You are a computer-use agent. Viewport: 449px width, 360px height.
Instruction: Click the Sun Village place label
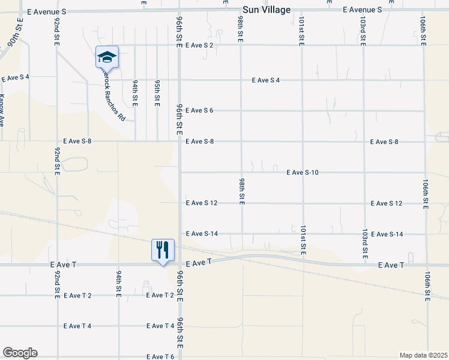(267, 10)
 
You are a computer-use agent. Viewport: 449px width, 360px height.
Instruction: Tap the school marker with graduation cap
(107, 58)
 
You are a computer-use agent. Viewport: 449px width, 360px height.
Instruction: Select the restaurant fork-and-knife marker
(163, 250)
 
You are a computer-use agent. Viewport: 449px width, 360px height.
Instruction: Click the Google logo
(20, 353)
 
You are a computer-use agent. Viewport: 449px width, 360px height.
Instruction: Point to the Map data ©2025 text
(423, 355)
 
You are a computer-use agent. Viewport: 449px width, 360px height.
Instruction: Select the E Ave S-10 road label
(302, 172)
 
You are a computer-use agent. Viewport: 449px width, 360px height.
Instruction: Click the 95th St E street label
(157, 93)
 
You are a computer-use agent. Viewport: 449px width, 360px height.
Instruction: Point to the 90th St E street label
(15, 36)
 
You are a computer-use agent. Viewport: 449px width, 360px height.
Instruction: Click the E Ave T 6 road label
(160, 357)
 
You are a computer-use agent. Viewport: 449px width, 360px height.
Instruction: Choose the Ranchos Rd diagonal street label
(113, 96)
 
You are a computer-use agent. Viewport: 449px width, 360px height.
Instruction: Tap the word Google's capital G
(8, 353)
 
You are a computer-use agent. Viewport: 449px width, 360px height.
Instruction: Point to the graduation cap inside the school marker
(107, 56)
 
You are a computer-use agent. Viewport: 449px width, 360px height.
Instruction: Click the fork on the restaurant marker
(159, 249)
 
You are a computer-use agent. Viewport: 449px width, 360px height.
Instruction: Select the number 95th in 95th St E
(157, 85)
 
